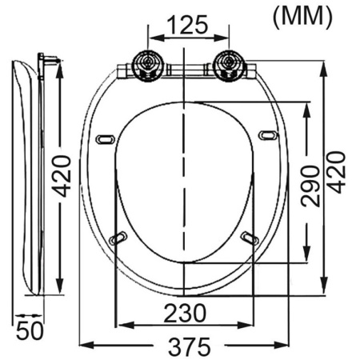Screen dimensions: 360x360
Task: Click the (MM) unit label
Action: pos(302,18)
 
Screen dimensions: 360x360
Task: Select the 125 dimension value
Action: pos(188,25)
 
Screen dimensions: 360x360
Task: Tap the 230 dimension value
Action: pos(185,313)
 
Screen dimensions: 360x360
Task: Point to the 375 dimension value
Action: pos(189,346)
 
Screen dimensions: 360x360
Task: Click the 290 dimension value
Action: pos(310,186)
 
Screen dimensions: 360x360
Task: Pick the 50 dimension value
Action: pos(30,330)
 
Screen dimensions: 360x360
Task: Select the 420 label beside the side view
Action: pos(62,176)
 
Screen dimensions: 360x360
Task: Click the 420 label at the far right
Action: pos(336,172)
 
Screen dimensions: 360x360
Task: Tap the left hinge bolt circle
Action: pos(147,66)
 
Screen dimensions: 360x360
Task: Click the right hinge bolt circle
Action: pos(229,66)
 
